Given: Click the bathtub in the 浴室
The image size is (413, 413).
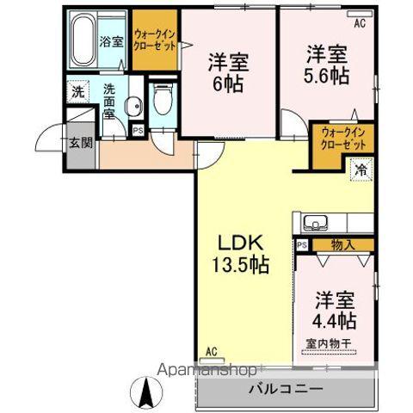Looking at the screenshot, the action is tap(83, 40).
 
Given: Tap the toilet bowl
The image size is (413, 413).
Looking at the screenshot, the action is tap(163, 99).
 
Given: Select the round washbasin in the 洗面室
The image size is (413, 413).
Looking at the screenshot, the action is tap(133, 106).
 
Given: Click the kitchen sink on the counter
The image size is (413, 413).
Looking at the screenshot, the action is tap(315, 223).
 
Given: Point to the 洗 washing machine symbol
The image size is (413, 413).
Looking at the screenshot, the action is tap(78, 92).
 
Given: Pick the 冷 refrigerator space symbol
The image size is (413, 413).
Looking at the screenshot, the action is tap(361, 170).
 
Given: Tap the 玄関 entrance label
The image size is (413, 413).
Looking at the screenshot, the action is tap(81, 143).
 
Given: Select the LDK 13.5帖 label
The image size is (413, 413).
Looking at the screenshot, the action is tap(241, 254).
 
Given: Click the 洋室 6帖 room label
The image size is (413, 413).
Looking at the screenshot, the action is tap(228, 73).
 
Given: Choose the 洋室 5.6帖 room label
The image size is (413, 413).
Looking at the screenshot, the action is tap(327, 65).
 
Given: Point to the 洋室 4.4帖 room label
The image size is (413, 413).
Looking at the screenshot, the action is tap(334, 311).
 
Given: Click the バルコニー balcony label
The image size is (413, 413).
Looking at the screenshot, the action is tap(286, 389).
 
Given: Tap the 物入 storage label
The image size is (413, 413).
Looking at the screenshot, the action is tap(343, 245).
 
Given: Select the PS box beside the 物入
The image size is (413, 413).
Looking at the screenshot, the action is tap(302, 245).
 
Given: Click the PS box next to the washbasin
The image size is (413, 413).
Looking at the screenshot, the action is tap(138, 131).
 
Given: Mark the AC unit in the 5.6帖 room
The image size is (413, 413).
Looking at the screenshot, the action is tap(360, 14).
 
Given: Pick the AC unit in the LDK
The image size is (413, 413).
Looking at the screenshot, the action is tap(213, 361).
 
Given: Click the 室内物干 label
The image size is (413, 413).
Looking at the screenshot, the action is tap(329, 343).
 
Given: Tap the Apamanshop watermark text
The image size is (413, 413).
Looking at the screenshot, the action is tap(207, 370).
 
